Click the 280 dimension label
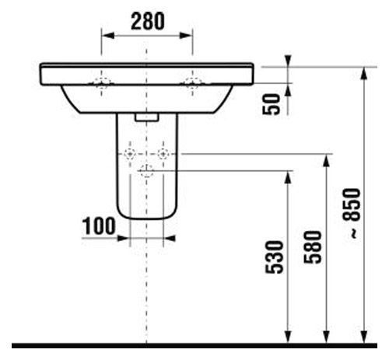148,21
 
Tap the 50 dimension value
272,104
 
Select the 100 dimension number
99,226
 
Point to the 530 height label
275,257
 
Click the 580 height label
313,247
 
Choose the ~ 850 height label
352,213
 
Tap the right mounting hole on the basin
192,82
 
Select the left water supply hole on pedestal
130,154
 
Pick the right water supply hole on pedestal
163,154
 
